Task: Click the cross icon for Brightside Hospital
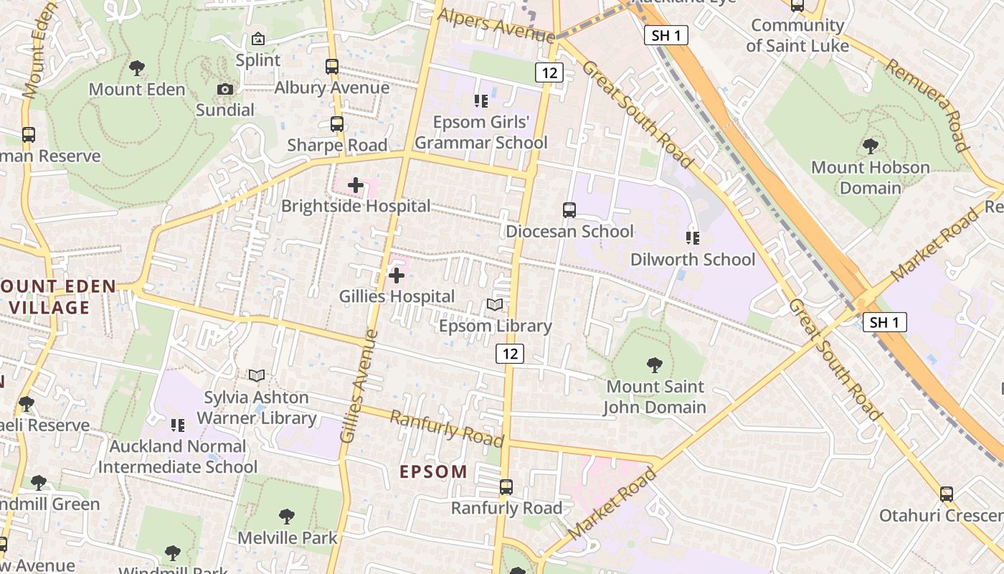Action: tap(356, 186)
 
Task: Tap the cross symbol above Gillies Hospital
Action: tap(396, 276)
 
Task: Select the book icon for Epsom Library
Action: tap(495, 305)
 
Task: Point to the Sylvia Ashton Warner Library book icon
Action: tap(257, 375)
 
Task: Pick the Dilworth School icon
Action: tap(693, 237)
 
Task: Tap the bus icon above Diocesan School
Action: tap(569, 210)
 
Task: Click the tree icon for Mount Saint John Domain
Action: tap(654, 365)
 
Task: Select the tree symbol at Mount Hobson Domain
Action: tap(871, 146)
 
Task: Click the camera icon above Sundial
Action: tap(225, 89)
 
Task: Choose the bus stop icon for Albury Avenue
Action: tap(332, 67)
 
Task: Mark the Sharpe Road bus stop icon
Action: tap(337, 123)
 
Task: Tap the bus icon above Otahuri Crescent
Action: tap(947, 494)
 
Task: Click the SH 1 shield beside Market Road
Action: tap(884, 323)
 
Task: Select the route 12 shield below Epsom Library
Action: tap(509, 353)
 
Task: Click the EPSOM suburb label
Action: tap(433, 472)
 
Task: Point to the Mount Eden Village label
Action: tap(57, 296)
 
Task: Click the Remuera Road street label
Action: tap(929, 105)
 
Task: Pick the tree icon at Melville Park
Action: tap(287, 517)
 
